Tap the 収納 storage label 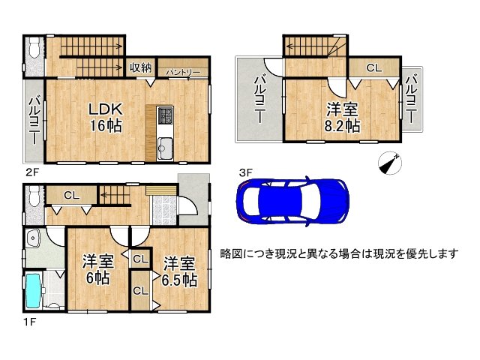140,68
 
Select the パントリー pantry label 183,71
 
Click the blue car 292,202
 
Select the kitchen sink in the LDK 165,146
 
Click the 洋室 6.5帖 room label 179,271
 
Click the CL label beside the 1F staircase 71,196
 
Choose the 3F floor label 245,172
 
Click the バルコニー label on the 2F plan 34,119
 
